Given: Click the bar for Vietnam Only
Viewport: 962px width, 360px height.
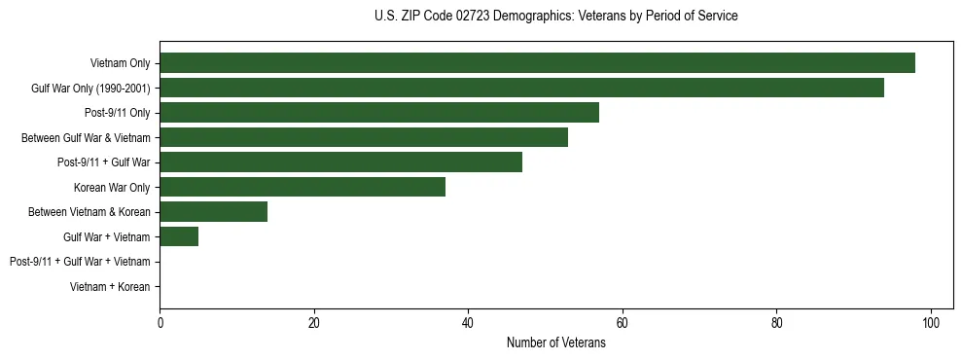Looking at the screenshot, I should pyautogui.click(x=537, y=63).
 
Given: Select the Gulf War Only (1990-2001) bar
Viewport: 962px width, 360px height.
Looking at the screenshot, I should pyautogui.click(x=521, y=88).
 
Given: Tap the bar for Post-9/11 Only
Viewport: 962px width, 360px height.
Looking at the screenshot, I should pyautogui.click(x=379, y=113).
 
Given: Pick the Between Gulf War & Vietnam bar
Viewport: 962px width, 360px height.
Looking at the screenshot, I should pyautogui.click(x=364, y=137).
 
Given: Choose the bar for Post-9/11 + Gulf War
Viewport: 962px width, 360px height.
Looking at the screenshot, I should pyautogui.click(x=340, y=162).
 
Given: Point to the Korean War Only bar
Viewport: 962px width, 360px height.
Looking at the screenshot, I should pyautogui.click(x=303, y=187).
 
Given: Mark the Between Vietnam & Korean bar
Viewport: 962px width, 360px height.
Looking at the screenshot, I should pyautogui.click(x=213, y=212).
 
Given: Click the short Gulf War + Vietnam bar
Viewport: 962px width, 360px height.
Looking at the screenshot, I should pyautogui.click(x=179, y=236).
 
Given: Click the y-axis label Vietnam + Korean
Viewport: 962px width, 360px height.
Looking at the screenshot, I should pyautogui.click(x=110, y=287).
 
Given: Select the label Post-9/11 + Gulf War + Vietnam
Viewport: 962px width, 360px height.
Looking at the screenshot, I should pyautogui.click(x=80, y=262).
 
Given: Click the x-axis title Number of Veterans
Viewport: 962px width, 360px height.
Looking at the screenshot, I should pyautogui.click(x=555, y=343).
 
